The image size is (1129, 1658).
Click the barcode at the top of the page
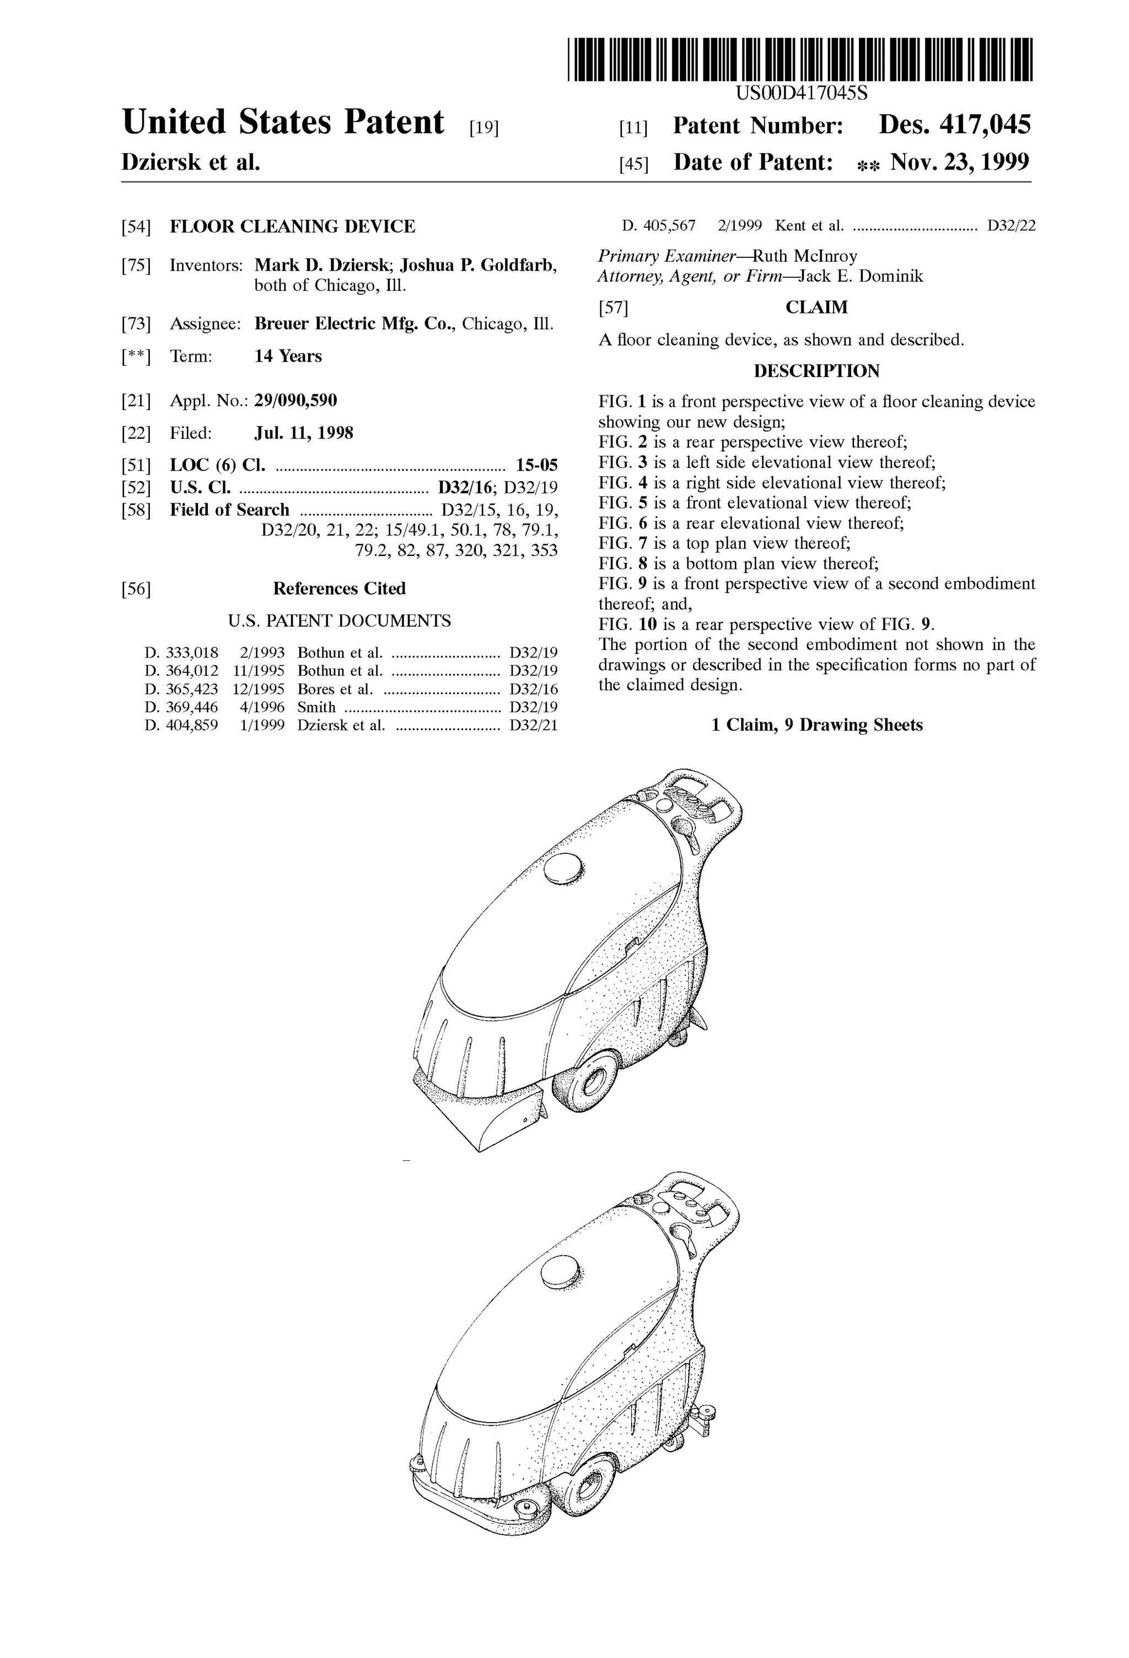click(799, 59)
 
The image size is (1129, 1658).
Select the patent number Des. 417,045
click(954, 126)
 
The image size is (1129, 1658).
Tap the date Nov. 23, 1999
click(959, 163)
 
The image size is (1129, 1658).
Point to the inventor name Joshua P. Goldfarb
click(477, 265)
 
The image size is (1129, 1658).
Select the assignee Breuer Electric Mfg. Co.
click(354, 324)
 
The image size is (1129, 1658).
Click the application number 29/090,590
click(295, 400)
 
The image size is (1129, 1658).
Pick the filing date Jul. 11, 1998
click(303, 433)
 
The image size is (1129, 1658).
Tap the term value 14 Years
click(288, 356)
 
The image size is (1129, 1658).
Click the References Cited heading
click(339, 589)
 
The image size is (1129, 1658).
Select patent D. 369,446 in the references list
click(181, 707)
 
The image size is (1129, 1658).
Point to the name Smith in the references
click(316, 707)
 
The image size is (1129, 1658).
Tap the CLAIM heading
click(816, 308)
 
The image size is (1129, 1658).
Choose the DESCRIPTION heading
click(816, 371)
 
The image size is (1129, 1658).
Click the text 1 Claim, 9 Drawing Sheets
click(816, 725)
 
